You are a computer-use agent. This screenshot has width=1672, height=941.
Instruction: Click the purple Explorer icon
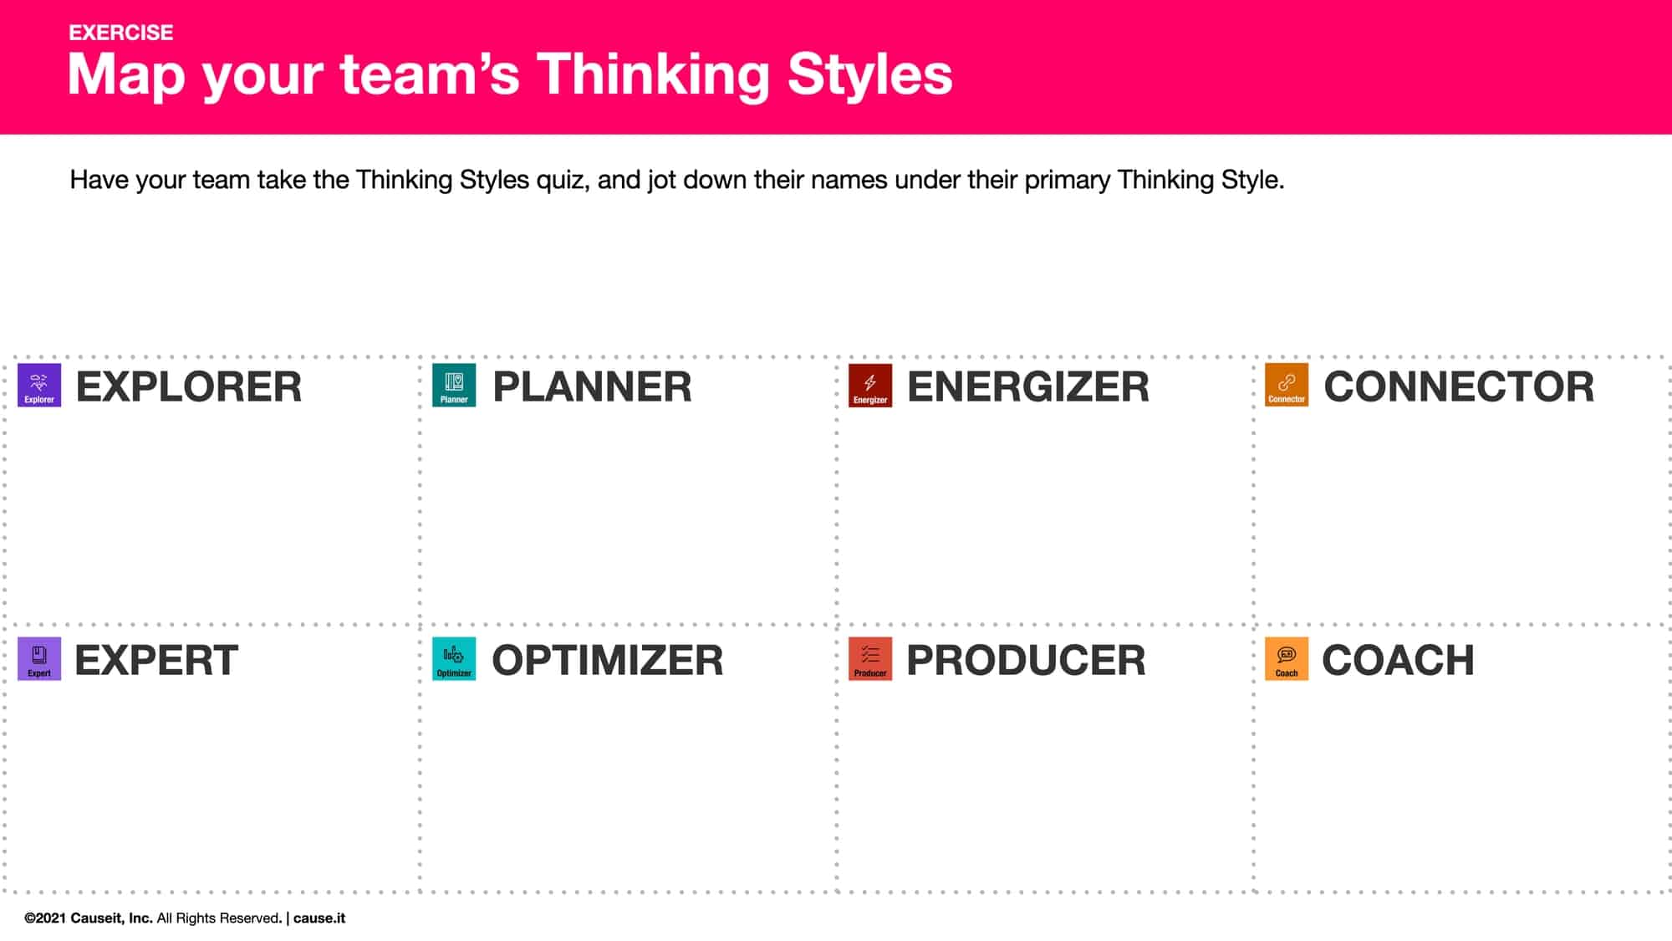(x=39, y=386)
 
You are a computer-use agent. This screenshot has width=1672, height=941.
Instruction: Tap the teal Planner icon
(x=454, y=386)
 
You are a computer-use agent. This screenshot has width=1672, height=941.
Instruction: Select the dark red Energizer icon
(x=870, y=386)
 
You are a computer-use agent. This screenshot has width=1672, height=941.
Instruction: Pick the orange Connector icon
(x=1287, y=386)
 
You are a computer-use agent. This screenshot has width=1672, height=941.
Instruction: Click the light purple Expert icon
(x=39, y=659)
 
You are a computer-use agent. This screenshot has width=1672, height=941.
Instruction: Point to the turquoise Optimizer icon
(x=454, y=659)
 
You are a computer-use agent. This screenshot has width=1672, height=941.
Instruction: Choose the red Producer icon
(x=870, y=659)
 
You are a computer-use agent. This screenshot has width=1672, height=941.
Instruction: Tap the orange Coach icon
(x=1287, y=659)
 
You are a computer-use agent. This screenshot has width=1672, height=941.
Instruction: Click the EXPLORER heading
(x=189, y=387)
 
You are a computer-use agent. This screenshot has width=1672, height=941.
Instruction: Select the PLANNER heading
(x=592, y=387)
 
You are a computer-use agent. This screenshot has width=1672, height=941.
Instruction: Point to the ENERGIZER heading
(x=1028, y=387)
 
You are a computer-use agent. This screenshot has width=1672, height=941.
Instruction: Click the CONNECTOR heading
(x=1459, y=387)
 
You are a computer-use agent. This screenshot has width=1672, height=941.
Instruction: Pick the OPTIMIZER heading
(x=608, y=661)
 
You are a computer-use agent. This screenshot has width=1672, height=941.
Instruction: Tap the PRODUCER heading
(x=1026, y=661)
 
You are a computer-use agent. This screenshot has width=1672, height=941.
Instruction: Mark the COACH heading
(x=1398, y=661)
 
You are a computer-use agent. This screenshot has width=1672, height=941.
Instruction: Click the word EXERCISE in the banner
(x=121, y=33)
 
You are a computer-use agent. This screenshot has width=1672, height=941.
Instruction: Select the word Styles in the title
(x=869, y=74)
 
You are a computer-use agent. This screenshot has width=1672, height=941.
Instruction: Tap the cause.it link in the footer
(x=319, y=918)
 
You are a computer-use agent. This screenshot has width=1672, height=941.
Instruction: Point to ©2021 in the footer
(x=45, y=918)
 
